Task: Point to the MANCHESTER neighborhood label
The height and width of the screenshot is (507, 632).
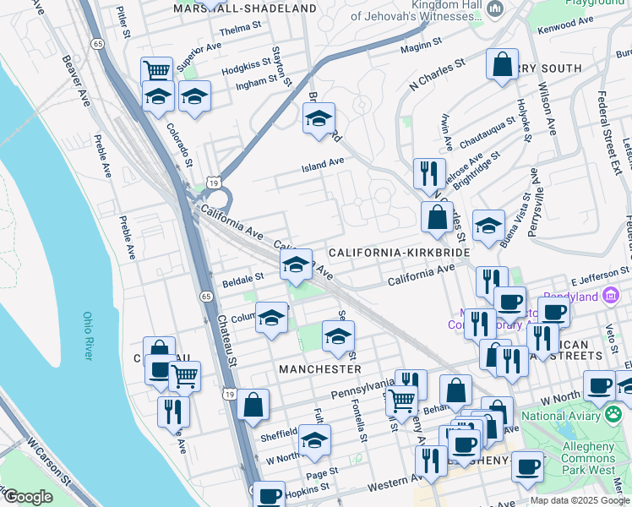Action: point(320,369)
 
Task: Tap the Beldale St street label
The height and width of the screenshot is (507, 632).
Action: point(242,278)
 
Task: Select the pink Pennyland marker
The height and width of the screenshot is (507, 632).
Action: point(611,296)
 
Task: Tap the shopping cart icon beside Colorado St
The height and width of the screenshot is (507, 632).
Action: point(156,71)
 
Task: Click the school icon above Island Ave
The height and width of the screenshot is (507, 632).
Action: point(319,118)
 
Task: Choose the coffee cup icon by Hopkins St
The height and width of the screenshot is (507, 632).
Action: point(270,496)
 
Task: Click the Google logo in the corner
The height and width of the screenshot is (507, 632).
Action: point(27,497)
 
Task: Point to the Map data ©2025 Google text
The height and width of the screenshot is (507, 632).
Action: point(580,500)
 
